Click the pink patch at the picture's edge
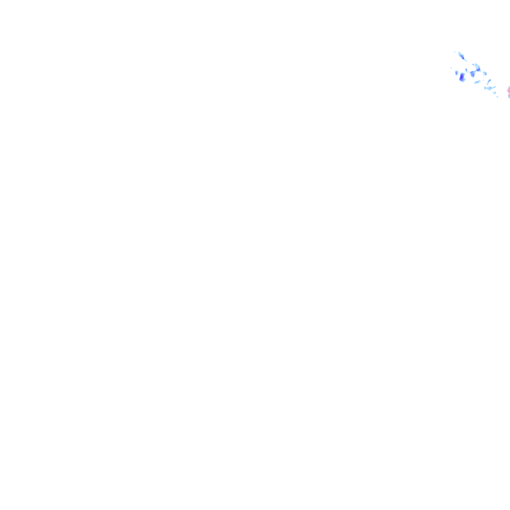pos(509,91)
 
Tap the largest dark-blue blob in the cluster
pos(462,78)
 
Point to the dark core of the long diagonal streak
pos(463,58)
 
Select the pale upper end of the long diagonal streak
pos(459,53)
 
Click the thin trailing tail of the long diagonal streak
pos(466,61)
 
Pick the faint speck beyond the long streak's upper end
pos(454,52)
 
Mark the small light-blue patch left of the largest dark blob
pos(457,72)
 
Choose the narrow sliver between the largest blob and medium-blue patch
pos(466,70)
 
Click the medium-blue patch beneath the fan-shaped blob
pos(473,74)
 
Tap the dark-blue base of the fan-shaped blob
pos(478,70)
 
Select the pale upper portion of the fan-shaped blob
pos(477,66)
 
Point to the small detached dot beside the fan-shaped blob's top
pos(473,64)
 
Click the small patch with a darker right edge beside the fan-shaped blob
pos(485,74)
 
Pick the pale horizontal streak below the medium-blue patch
pos(477,82)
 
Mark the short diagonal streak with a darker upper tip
pos(489,81)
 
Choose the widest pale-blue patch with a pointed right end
pos(490,88)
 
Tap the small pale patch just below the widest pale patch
pos(495,93)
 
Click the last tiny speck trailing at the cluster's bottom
pos(497,97)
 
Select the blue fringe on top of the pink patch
pos(509,87)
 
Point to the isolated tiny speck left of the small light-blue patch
pos(451,68)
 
